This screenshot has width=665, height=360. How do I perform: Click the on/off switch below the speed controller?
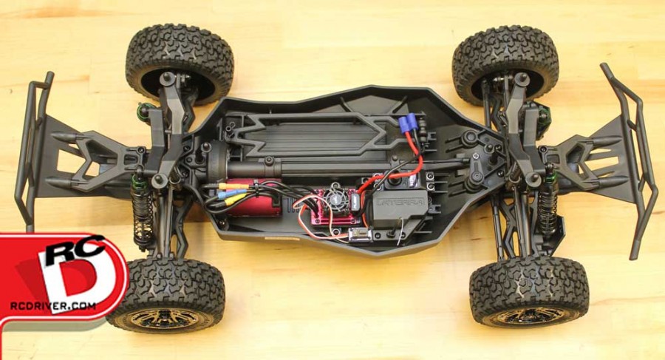(360, 235)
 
